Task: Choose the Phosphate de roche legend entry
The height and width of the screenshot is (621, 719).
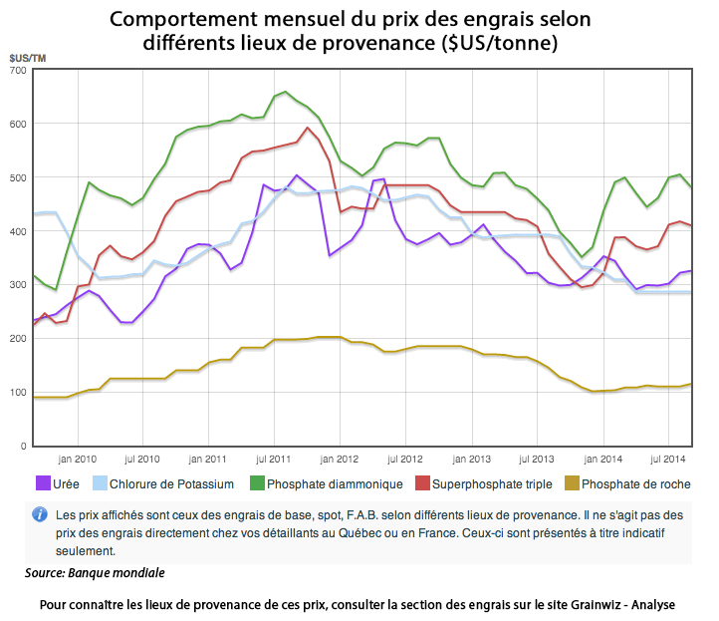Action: click(x=634, y=484)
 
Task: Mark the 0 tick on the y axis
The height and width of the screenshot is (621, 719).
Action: click(x=23, y=446)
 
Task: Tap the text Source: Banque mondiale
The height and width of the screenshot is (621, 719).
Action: click(x=95, y=573)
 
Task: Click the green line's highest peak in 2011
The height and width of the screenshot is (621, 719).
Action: click(x=286, y=92)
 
